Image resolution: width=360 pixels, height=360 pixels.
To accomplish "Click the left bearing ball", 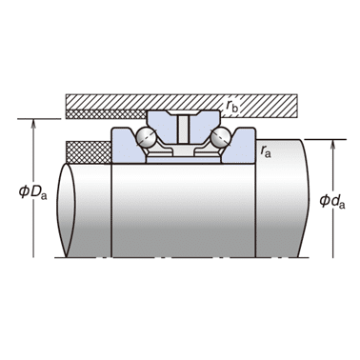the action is [x=146, y=137].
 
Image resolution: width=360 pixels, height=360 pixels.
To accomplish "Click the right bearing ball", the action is [x=220, y=137].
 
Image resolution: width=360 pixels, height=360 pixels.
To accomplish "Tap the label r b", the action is [x=231, y=106].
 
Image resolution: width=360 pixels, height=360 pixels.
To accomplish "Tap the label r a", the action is [x=266, y=151].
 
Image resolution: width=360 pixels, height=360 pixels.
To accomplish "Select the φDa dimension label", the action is [x=33, y=192].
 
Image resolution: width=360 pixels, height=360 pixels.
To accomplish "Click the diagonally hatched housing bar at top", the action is [x=182, y=102].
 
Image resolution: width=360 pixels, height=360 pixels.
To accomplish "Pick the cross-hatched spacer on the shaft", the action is [x=89, y=152].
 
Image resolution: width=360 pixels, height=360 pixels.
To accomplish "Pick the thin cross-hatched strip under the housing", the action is [x=106, y=114].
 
